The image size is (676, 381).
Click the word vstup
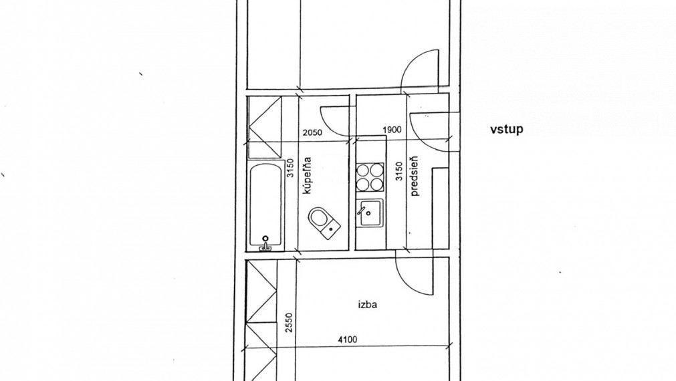(x=507, y=129)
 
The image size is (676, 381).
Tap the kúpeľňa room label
(x=307, y=175)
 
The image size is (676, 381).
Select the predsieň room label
(x=415, y=176)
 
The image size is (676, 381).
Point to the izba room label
(x=368, y=305)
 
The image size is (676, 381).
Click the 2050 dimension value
(x=312, y=132)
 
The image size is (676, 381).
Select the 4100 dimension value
(x=347, y=340)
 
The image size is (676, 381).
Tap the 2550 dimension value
(x=289, y=322)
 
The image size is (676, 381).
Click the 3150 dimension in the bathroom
(x=290, y=168)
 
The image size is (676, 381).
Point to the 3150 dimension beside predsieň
(x=399, y=171)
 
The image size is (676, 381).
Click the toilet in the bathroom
(x=324, y=222)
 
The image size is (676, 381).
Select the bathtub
(x=265, y=206)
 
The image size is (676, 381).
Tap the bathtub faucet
(x=265, y=244)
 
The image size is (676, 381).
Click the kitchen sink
(x=370, y=213)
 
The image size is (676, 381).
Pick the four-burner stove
(x=370, y=177)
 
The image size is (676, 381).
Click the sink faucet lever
(x=362, y=211)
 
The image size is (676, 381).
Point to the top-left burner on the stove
(x=364, y=170)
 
